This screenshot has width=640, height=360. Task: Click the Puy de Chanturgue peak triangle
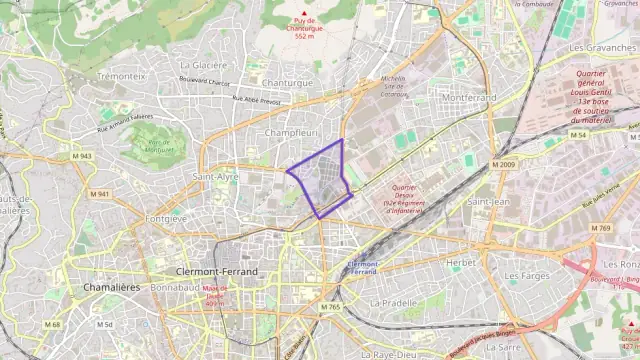[305, 13]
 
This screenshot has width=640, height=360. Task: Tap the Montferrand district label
[468, 98]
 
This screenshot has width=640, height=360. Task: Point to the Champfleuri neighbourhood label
[292, 132]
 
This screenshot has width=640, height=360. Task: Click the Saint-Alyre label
[216, 176]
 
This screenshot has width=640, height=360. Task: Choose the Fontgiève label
[166, 218]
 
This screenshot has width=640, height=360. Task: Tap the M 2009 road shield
[503, 164]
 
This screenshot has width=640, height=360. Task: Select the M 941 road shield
[99, 194]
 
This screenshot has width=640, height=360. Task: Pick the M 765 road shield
[331, 307]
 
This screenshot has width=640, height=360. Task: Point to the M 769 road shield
[600, 229]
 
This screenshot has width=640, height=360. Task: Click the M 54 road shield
[578, 134]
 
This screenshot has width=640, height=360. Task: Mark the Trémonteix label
[123, 76]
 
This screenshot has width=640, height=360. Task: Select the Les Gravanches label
[603, 47]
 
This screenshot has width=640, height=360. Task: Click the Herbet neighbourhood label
[462, 262]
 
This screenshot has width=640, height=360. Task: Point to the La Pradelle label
[393, 302]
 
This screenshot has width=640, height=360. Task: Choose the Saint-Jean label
[489, 202]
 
